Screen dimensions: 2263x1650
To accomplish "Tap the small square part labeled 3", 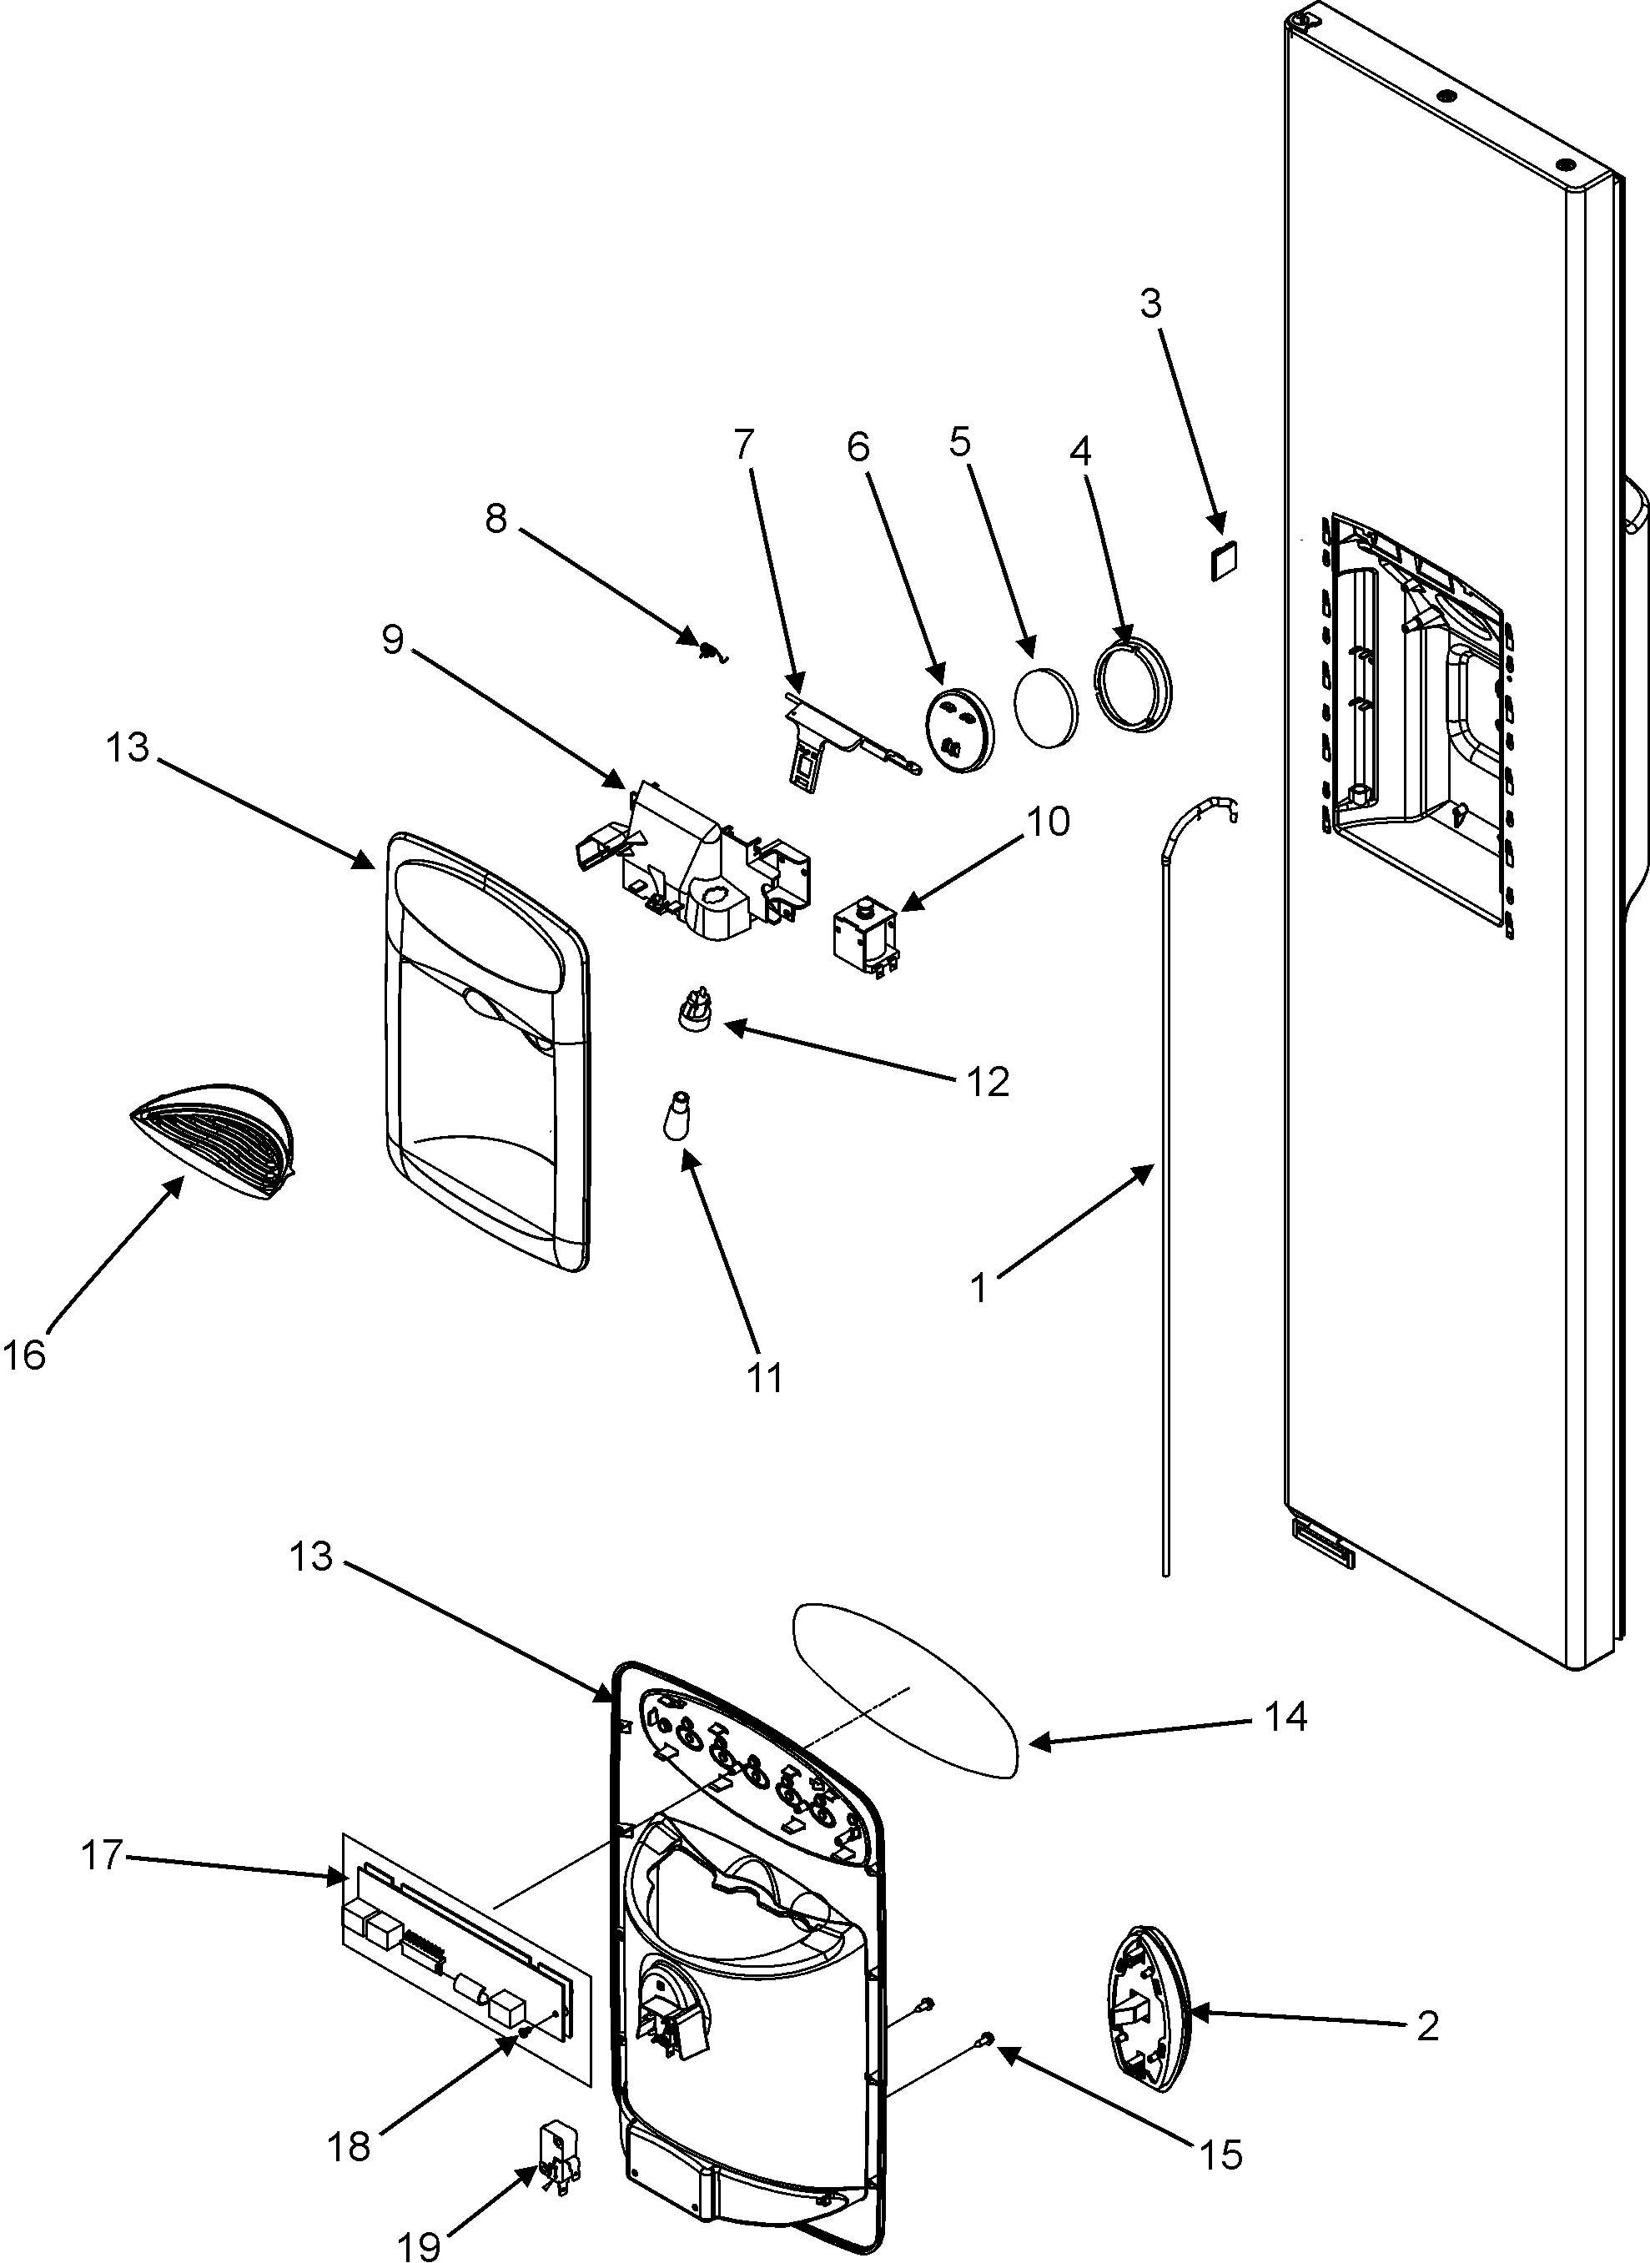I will coord(1224,561).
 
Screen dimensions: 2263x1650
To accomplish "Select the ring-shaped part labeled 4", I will coord(1134,685).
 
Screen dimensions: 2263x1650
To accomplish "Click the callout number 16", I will coord(24,1355).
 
